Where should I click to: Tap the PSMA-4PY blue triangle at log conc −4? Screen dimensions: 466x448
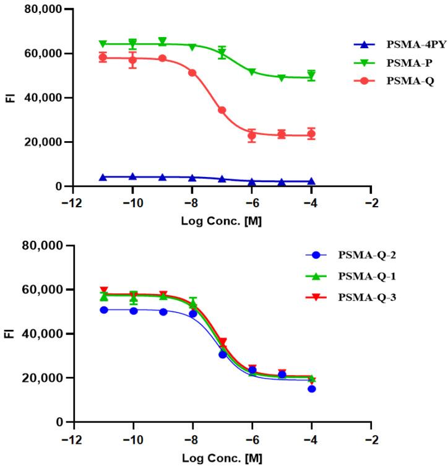311,181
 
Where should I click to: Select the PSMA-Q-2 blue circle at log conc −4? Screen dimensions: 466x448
311,389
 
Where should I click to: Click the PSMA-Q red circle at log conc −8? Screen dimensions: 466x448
192,73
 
